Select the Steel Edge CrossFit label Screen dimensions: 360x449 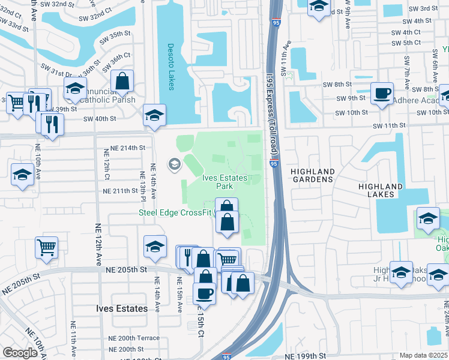pyautogui.click(x=175, y=212)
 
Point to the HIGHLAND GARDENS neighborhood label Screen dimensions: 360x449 pyautogui.click(x=312, y=175)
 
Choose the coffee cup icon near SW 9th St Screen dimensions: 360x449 pyautogui.click(x=382, y=94)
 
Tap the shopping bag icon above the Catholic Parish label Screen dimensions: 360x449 pyautogui.click(x=122, y=81)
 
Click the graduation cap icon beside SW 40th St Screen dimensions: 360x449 pyautogui.click(x=154, y=115)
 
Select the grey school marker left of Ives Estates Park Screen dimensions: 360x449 pyautogui.click(x=174, y=164)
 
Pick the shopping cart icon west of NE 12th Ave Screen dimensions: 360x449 pyautogui.click(x=47, y=247)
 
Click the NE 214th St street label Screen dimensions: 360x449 pyautogui.click(x=128, y=148)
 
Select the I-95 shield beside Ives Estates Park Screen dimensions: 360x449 pyautogui.click(x=274, y=163)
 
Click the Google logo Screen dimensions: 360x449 pyautogui.click(x=20, y=353)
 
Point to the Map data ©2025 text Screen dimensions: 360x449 pyautogui.click(x=424, y=355)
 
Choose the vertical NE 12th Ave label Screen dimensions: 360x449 pyautogui.click(x=98, y=244)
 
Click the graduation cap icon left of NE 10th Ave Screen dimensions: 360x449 pyautogui.click(x=22, y=175)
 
